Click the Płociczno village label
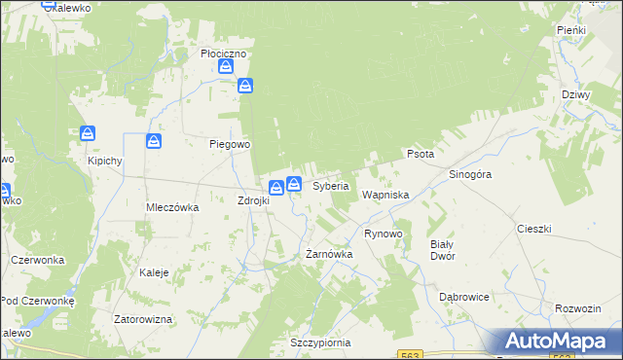[224, 54]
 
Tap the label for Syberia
[331, 186]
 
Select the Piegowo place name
[231, 144]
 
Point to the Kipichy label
[104, 161]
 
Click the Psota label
[421, 154]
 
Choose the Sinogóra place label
[470, 174]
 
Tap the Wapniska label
[385, 195]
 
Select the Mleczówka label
[172, 207]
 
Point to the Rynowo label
[383, 234]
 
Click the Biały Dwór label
[443, 250]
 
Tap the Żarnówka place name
[329, 254]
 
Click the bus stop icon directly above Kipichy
[88, 133]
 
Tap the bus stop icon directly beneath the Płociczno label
[226, 67]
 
